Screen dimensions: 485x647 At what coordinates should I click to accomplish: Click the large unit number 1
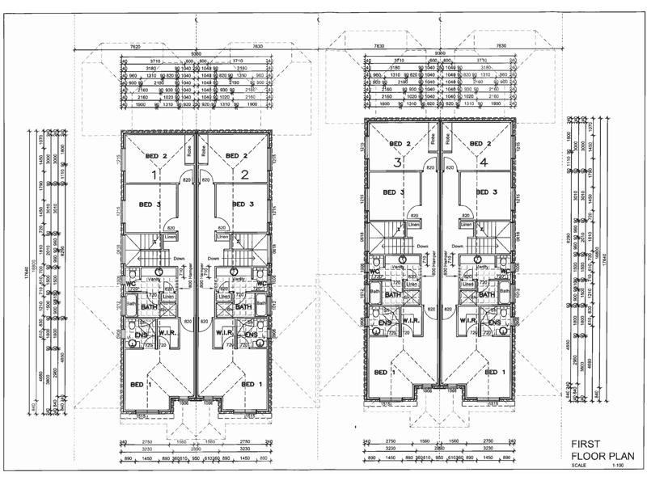point(155,174)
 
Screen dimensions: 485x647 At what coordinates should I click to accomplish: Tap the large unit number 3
point(398,162)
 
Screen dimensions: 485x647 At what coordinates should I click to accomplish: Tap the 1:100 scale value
point(618,466)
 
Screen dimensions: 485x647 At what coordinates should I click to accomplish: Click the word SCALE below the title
point(580,466)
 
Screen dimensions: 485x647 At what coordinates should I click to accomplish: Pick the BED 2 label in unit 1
point(156,156)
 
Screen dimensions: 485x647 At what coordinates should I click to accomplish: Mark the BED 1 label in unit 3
point(386,372)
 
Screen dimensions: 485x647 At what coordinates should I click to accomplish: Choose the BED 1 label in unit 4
point(493,372)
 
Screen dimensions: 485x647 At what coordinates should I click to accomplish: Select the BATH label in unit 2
point(243,307)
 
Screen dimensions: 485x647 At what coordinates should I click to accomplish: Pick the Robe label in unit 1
point(188,150)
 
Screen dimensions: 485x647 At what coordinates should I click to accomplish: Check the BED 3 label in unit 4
point(485,192)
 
